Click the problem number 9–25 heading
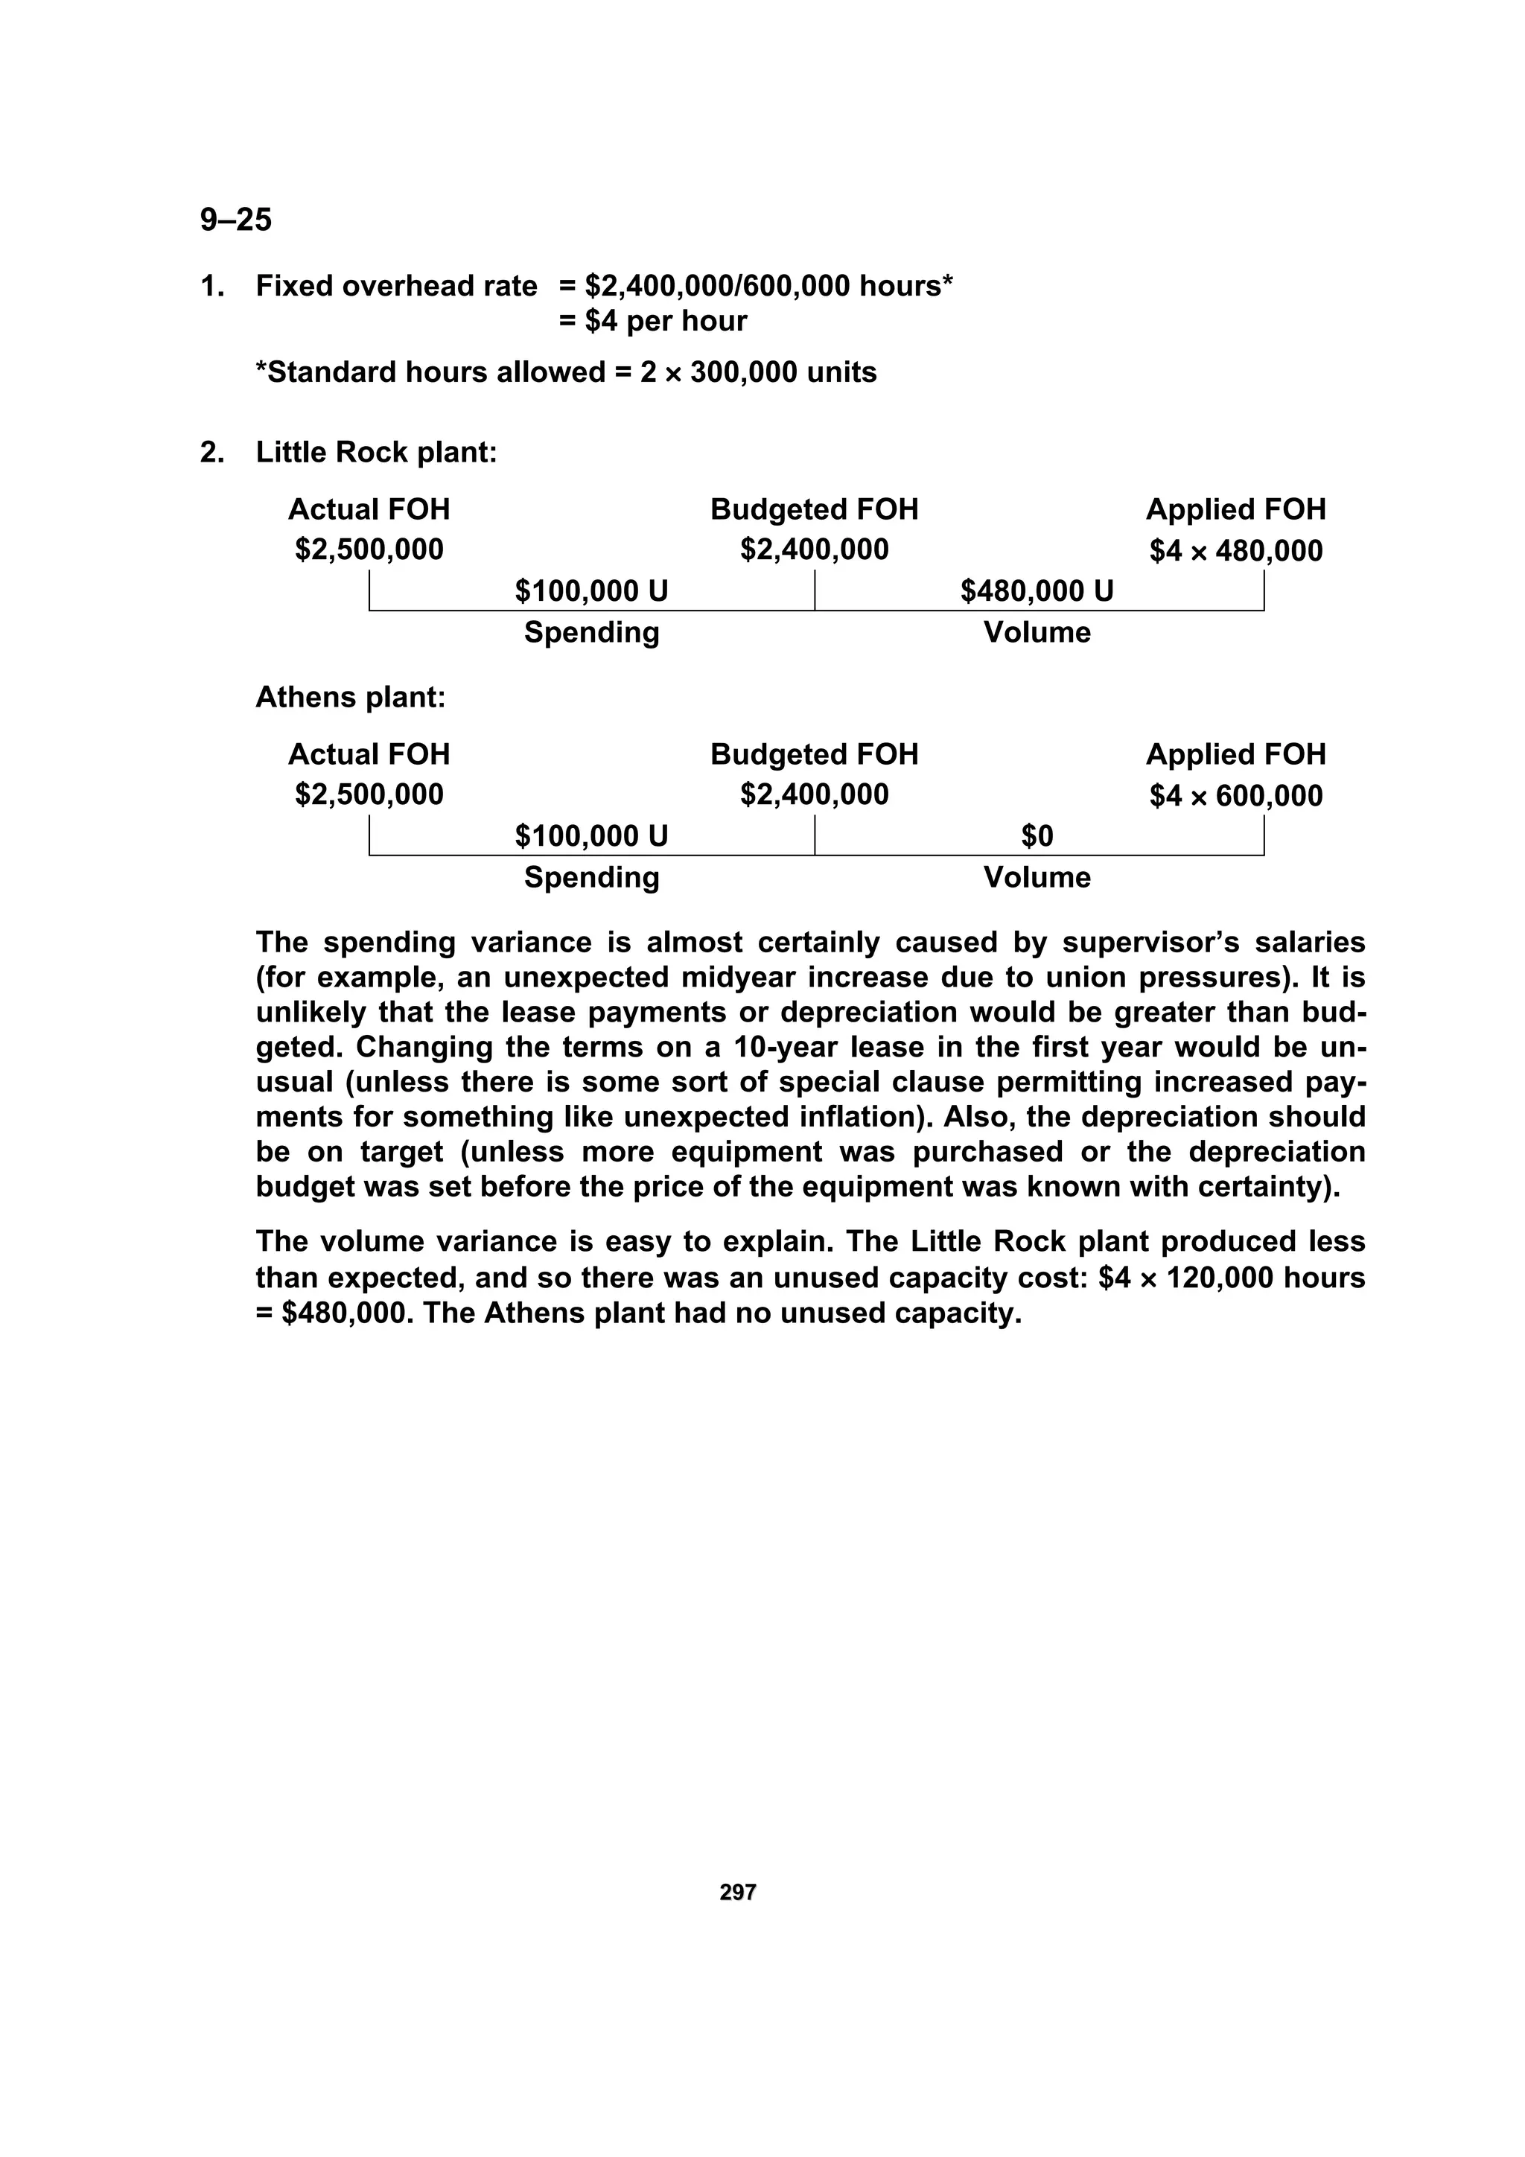(x=236, y=220)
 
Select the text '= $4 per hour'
(x=653, y=322)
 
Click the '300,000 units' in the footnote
(x=783, y=373)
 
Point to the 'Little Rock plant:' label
(x=376, y=453)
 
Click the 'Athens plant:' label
(x=351, y=697)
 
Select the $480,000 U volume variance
(x=1037, y=591)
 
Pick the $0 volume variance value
(x=1037, y=836)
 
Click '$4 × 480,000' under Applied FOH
(x=1235, y=550)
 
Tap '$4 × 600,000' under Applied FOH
(x=1235, y=796)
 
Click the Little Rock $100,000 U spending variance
(x=591, y=591)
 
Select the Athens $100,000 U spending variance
(x=591, y=836)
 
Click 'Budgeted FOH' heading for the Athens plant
(x=814, y=754)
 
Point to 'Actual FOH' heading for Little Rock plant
(x=369, y=509)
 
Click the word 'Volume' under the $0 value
(x=1037, y=877)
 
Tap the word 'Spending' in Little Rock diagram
(x=591, y=632)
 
